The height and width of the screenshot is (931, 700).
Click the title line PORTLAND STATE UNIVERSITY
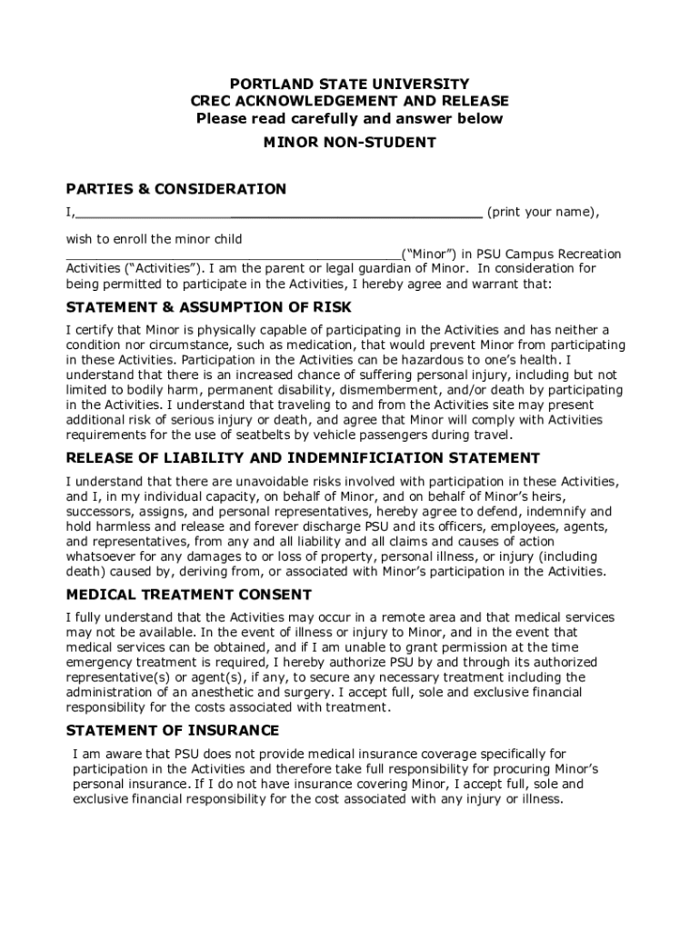349,84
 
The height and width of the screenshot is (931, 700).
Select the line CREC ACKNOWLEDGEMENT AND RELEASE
349,101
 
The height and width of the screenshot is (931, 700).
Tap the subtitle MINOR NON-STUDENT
349,142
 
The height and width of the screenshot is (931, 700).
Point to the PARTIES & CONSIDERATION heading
175,189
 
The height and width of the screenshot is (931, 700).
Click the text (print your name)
543,213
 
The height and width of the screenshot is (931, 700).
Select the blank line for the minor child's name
232,256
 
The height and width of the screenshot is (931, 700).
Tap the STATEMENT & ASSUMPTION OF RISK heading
208,307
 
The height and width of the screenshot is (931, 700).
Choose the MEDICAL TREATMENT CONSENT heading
188,595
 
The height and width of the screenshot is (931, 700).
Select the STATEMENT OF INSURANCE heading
172,731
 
